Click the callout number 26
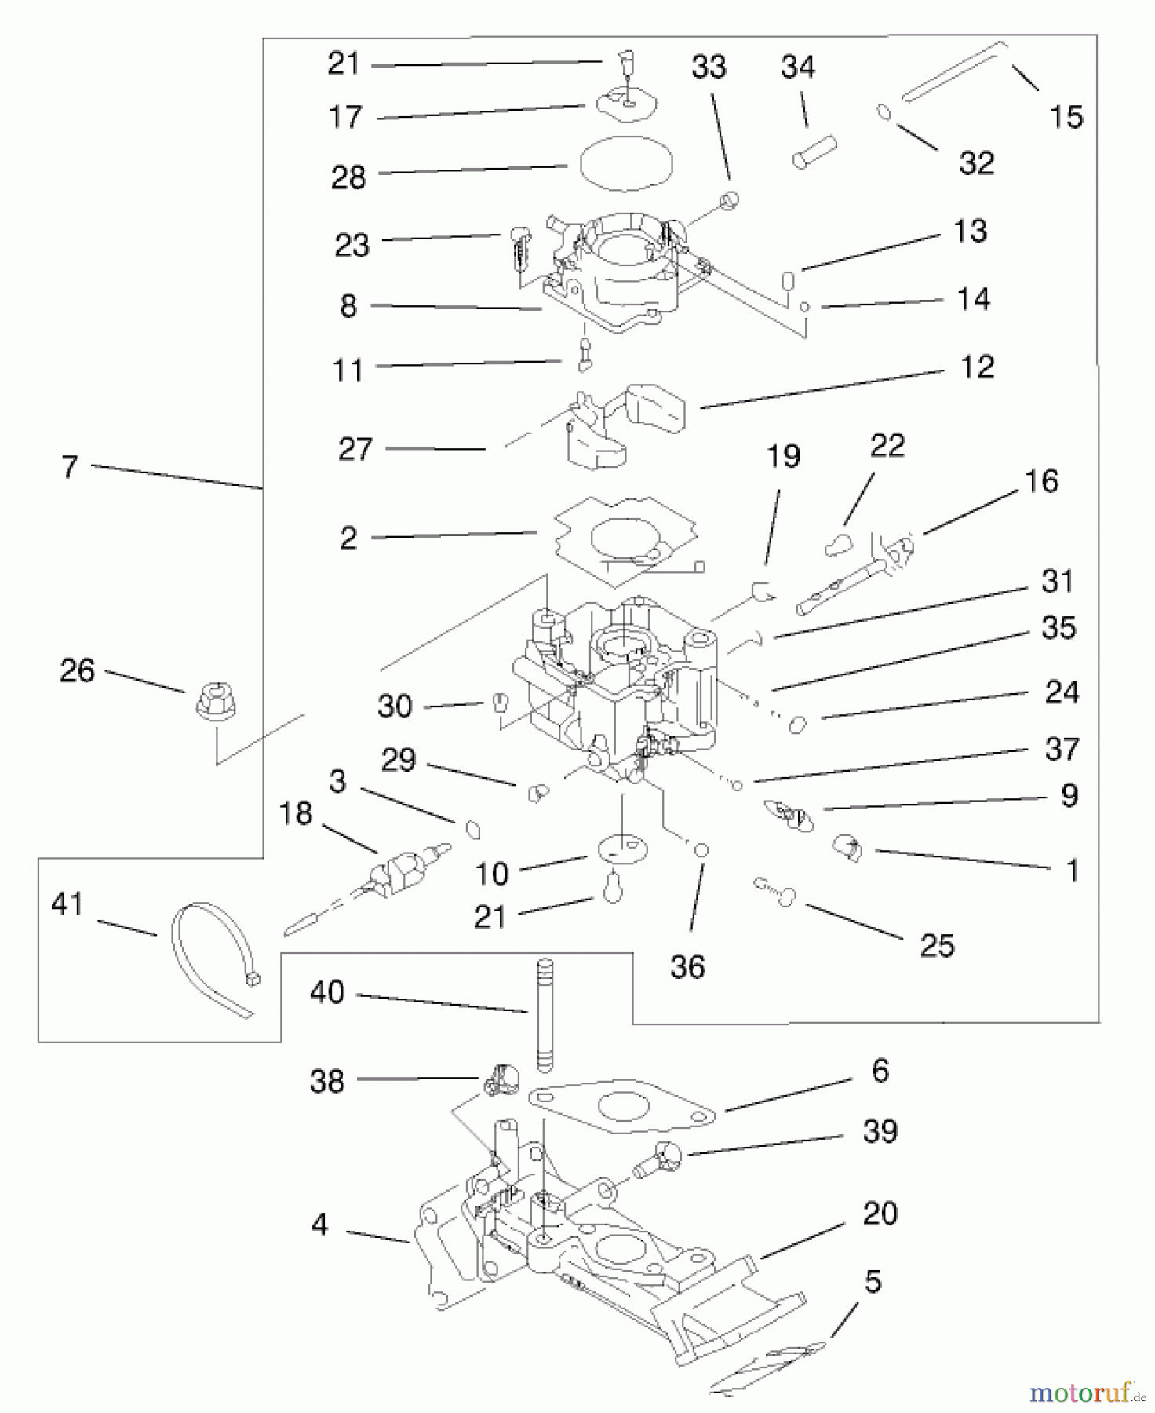click(x=77, y=670)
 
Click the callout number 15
click(x=1066, y=117)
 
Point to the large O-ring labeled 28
click(x=626, y=163)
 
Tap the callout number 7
click(x=70, y=467)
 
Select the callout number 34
click(x=797, y=68)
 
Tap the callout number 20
click(x=880, y=1214)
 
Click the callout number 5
click(x=873, y=1282)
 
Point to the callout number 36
click(x=687, y=967)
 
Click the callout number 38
click(x=327, y=1081)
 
